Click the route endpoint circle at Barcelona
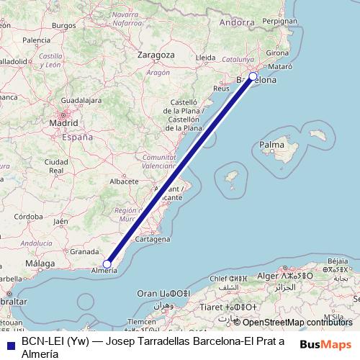[253, 76]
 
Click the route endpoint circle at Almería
[107, 264]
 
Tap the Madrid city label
[63, 123]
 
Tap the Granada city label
[84, 252]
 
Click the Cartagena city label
[152, 238]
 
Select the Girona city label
[278, 53]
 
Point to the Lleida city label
[206, 57]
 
